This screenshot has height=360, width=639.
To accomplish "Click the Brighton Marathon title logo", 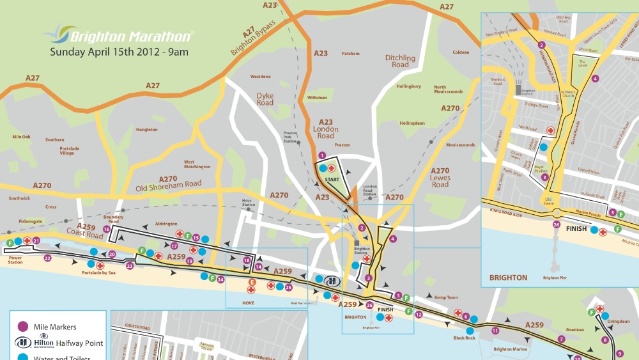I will point(119,35).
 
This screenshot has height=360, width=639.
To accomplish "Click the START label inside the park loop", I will point(332,180).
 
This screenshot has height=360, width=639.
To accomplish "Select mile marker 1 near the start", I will point(323,155).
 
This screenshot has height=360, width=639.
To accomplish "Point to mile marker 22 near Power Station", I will point(47,258).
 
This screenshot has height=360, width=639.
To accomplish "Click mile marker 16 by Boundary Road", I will point(107,229).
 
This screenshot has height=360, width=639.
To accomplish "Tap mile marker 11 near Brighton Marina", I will point(495,331).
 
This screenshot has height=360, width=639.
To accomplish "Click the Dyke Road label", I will point(265,99).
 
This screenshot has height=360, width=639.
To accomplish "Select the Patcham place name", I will point(351,54).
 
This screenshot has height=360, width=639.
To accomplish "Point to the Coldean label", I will point(461,52).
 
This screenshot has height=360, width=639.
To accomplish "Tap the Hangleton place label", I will point(147,130).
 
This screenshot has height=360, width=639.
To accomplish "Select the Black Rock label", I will point(465,338).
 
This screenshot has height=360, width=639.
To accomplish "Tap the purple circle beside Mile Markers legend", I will point(23,327).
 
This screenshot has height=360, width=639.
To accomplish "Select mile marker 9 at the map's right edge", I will point(619,353).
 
